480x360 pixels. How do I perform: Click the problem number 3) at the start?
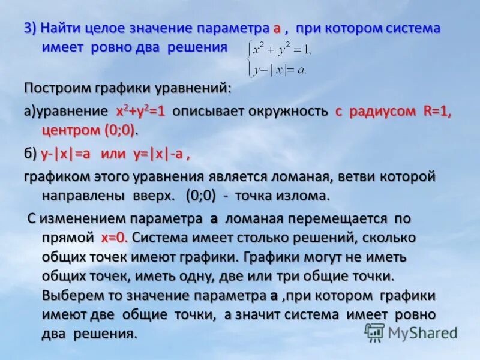[x=31, y=28]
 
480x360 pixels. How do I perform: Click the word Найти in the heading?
[x=62, y=28]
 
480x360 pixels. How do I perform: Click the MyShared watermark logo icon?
[x=375, y=332]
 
